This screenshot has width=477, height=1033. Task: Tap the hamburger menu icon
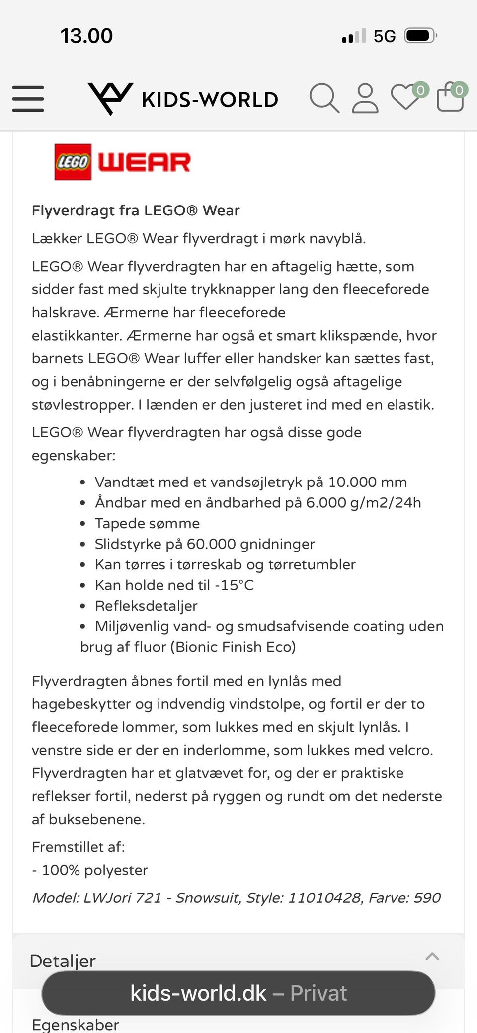[x=28, y=98]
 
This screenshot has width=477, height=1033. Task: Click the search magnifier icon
[x=324, y=98]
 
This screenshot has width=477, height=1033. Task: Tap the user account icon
[x=365, y=98]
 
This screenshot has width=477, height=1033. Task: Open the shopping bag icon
[x=450, y=97]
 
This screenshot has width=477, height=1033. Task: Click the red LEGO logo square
[x=73, y=162]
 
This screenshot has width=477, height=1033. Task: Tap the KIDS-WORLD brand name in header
[x=210, y=100]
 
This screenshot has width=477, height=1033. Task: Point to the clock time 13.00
[x=86, y=36]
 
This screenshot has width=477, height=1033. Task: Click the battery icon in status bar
[x=420, y=36]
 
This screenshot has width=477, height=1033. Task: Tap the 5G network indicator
[x=385, y=36]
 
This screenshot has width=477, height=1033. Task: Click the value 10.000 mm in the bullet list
[x=367, y=482]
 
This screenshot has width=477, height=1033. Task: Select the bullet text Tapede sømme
[x=147, y=523]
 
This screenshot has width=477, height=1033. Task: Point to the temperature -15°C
[x=234, y=585]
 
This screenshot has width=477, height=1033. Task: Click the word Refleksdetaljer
[x=146, y=606]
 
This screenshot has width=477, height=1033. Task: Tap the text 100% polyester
[x=94, y=870]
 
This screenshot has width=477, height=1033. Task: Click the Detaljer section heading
[x=63, y=961]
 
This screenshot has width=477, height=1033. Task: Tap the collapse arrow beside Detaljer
[x=432, y=956]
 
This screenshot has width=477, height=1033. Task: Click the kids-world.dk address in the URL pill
[x=198, y=993]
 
